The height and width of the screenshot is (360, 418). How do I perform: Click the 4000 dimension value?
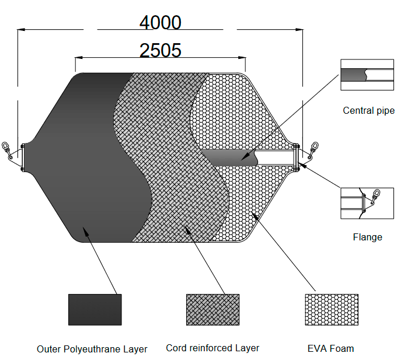(x=160, y=22)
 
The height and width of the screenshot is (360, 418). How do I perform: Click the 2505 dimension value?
(x=160, y=50)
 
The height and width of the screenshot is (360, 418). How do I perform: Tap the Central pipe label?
(x=368, y=111)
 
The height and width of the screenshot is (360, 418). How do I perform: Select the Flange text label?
(x=367, y=237)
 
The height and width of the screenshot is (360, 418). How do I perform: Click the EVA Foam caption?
(x=330, y=348)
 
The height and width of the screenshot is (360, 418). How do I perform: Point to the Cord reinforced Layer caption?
(x=213, y=348)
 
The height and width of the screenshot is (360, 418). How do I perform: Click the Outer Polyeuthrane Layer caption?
(x=92, y=349)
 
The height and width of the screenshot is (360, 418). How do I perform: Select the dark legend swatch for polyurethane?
(x=95, y=309)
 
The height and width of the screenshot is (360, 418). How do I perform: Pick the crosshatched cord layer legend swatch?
(x=213, y=309)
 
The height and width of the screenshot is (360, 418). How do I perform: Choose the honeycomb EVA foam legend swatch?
(x=331, y=309)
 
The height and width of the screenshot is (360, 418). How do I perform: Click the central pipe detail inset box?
(x=367, y=75)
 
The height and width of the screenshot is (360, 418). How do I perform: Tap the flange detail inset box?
(x=367, y=203)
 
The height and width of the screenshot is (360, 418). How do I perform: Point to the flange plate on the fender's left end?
(x=22, y=157)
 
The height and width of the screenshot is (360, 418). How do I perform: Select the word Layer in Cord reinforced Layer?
(x=247, y=348)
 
